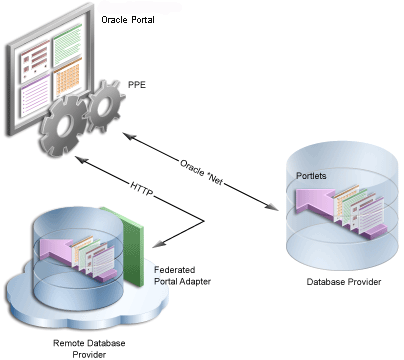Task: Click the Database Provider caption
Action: [x=338, y=282]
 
